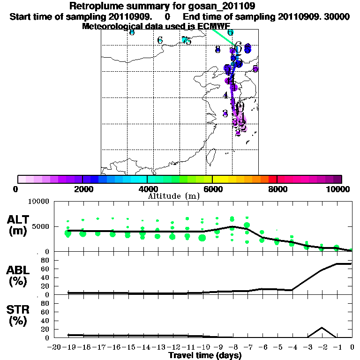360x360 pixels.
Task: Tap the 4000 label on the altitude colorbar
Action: pyautogui.click(x=147, y=189)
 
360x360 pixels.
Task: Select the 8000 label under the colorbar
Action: pyautogui.click(x=277, y=189)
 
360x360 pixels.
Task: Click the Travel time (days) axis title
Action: pyautogui.click(x=205, y=356)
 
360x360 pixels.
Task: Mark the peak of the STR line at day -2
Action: pyautogui.click(x=322, y=328)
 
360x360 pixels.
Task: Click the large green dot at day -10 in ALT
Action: pyautogui.click(x=202, y=238)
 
